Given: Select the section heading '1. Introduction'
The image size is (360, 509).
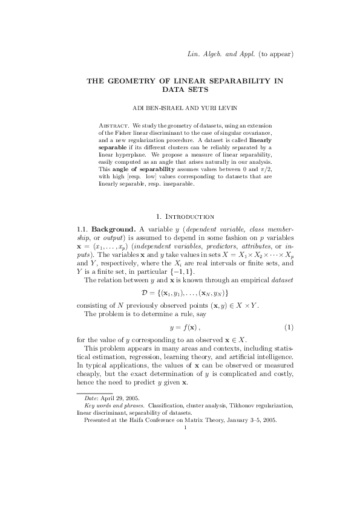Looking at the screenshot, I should (x=185, y=216).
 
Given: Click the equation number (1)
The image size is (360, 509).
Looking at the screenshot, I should (x=289, y=327).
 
